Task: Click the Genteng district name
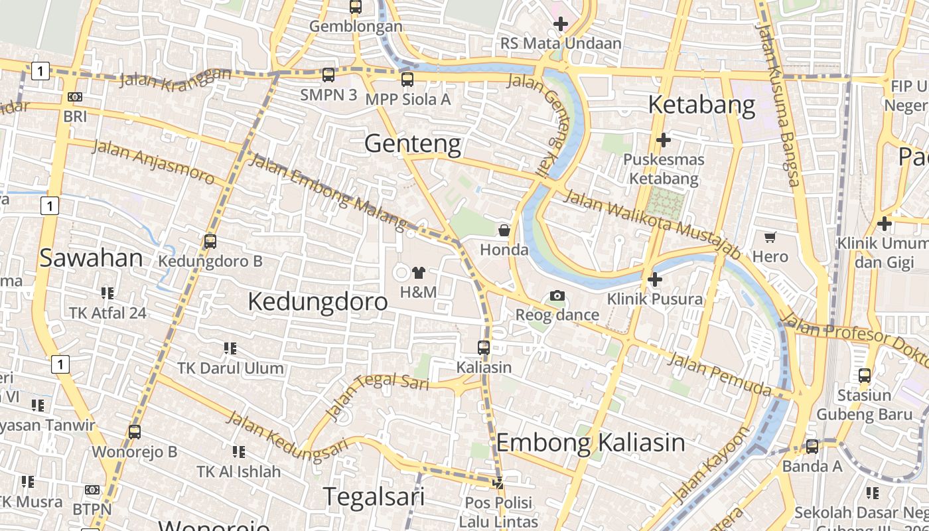coord(413,143)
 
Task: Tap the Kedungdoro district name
coord(317,302)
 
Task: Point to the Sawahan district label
coord(91,258)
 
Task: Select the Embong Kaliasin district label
coord(591,443)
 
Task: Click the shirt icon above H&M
coord(418,272)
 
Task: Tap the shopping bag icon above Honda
coord(504,230)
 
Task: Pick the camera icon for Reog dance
coord(557,295)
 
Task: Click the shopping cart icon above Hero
coord(770,237)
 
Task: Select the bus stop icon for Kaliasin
coord(484,347)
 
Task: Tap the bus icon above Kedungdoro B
coord(210,242)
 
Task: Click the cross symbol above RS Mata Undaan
coord(561,25)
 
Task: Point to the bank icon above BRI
coord(75,97)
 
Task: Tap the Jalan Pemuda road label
coord(720,373)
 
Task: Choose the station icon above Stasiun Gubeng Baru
coord(864,376)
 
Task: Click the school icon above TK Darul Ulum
coord(230,348)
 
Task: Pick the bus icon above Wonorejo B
coord(135,432)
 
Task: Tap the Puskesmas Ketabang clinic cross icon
coord(663,140)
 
